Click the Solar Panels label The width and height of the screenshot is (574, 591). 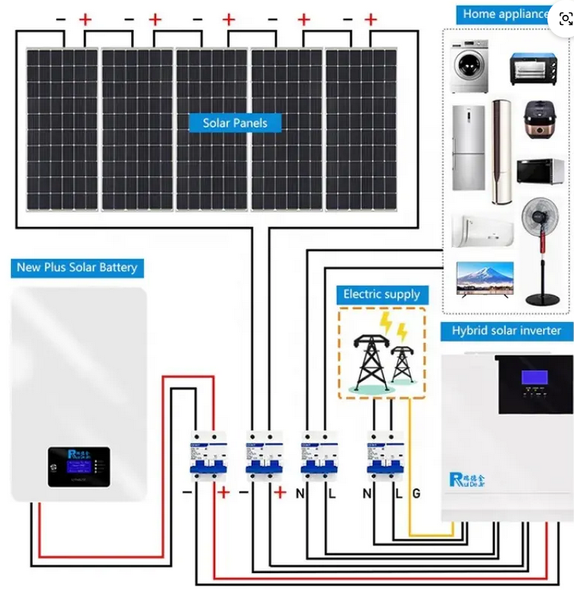[x=235, y=123]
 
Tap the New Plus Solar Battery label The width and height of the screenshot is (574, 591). [x=77, y=267]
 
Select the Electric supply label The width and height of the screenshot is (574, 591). [x=382, y=295]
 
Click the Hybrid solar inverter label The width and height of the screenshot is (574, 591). [x=506, y=331]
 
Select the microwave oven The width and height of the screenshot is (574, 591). [x=540, y=170]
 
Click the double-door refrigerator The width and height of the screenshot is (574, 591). [x=468, y=147]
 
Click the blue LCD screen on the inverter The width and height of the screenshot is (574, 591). [x=535, y=377]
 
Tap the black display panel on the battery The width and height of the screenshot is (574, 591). [x=78, y=467]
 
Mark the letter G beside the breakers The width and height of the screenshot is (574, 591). [x=416, y=493]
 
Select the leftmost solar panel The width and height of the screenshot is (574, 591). [x=61, y=129]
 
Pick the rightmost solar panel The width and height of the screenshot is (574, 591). [x=361, y=129]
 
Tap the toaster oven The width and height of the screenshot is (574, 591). [x=533, y=70]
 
